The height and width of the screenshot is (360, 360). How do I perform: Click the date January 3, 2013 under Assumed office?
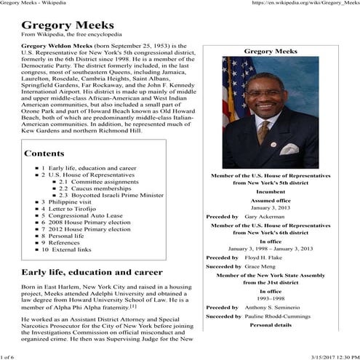[x=270, y=207]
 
